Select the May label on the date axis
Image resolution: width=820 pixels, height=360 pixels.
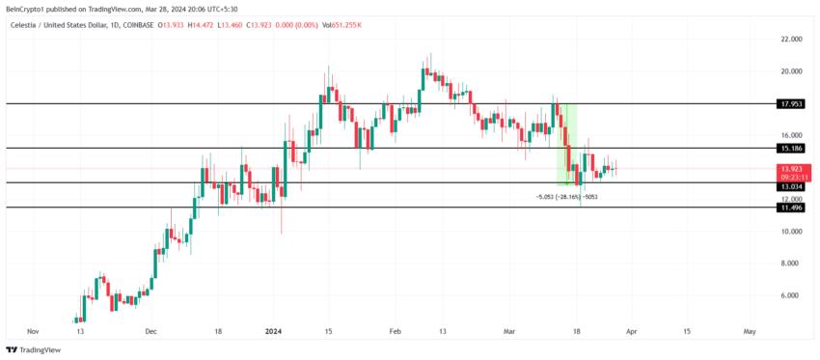(x=749, y=331)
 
